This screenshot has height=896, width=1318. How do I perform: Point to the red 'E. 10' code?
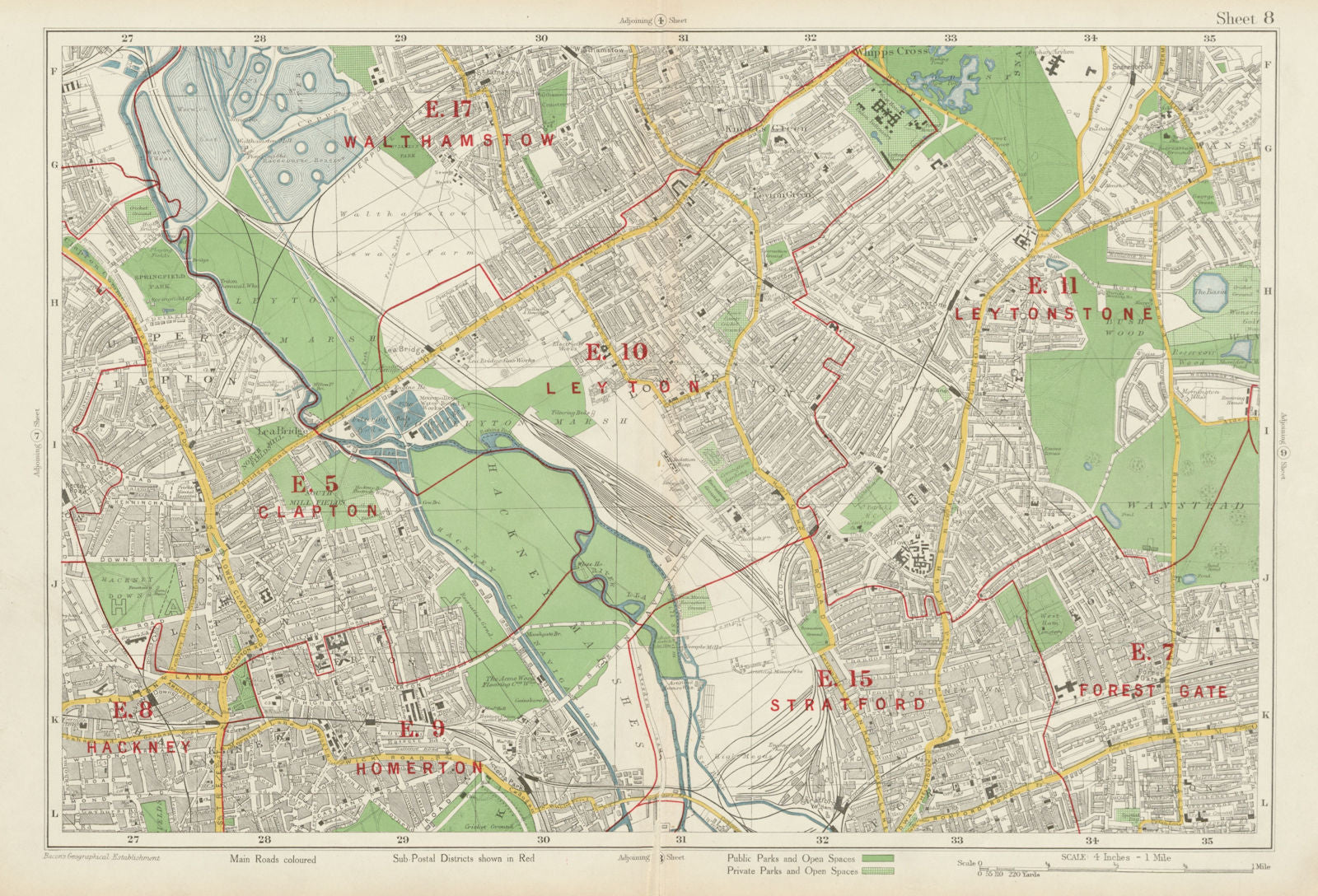(x=616, y=352)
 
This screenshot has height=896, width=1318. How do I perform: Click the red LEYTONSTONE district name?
(x=1054, y=314)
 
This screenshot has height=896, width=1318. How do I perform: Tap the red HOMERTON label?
(x=419, y=768)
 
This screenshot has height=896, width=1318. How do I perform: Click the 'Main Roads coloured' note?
(x=273, y=860)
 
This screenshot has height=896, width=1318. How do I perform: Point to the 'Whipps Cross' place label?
(x=893, y=50)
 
